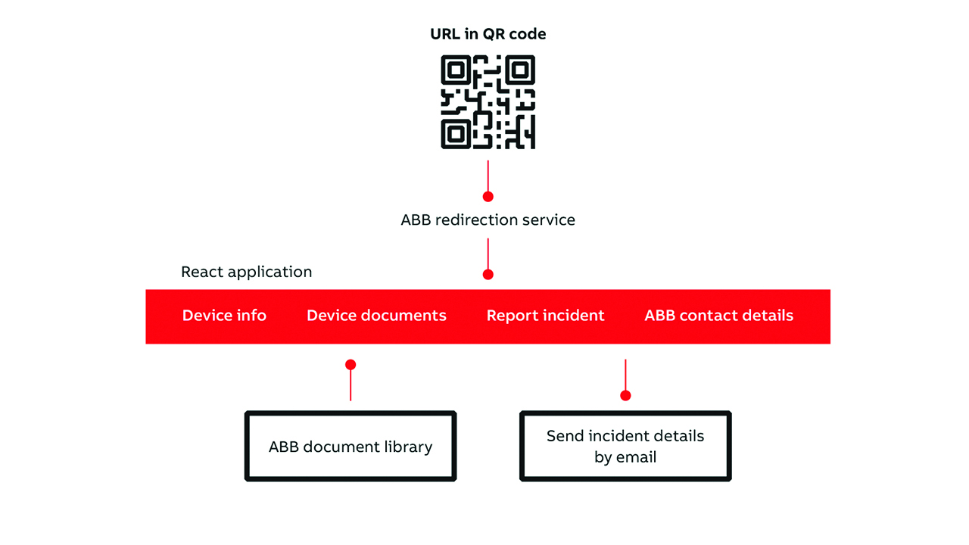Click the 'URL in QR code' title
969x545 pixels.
click(488, 34)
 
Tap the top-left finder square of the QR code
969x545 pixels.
click(456, 70)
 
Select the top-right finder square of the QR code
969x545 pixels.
click(520, 70)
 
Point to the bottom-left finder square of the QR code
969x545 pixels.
click(456, 135)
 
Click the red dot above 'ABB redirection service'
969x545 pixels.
click(488, 197)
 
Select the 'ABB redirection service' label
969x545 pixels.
click(488, 220)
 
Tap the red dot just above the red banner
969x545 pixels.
click(488, 274)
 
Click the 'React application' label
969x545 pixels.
click(246, 272)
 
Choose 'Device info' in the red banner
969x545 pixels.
click(224, 316)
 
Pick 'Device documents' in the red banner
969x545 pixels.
click(376, 316)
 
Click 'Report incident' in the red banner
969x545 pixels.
click(545, 316)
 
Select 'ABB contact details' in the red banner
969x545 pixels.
click(719, 316)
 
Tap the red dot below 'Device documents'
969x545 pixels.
click(351, 365)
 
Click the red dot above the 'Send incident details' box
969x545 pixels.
click(625, 395)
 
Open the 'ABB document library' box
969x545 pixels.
click(351, 446)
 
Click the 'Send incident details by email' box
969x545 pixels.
click(625, 446)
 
